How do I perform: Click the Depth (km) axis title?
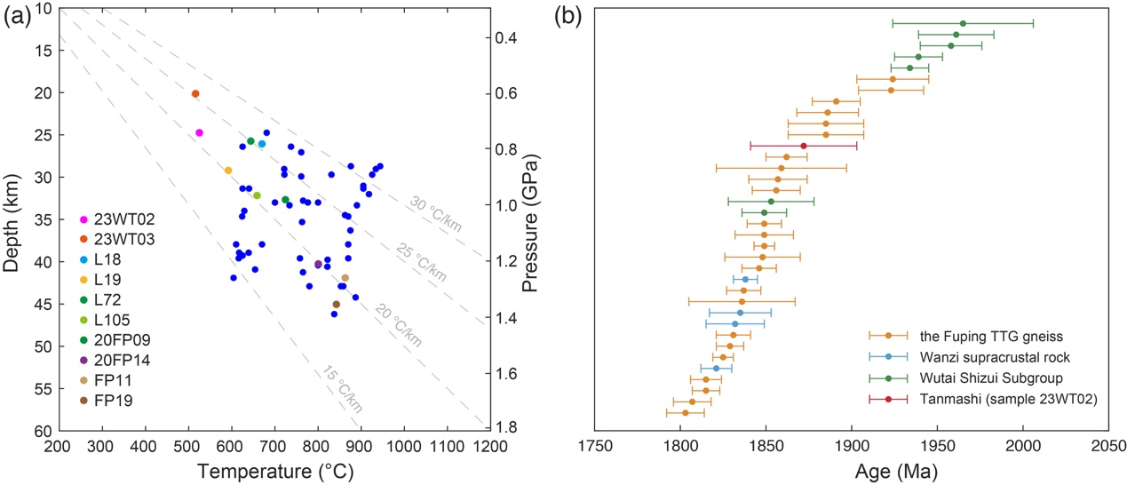click(12, 219)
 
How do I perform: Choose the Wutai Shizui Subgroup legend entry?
click(982, 378)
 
